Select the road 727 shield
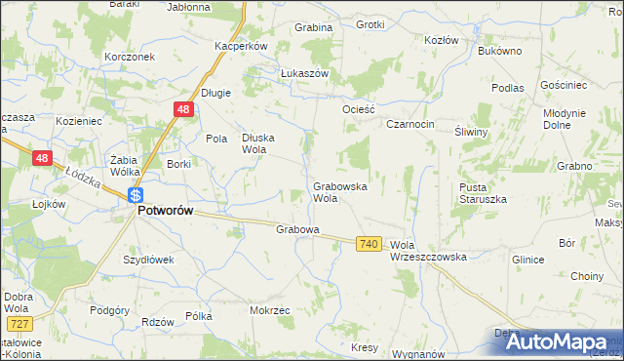17,323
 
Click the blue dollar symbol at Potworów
137,195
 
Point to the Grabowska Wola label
338,191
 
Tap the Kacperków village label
241,46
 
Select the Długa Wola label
259,143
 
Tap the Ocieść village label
358,109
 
